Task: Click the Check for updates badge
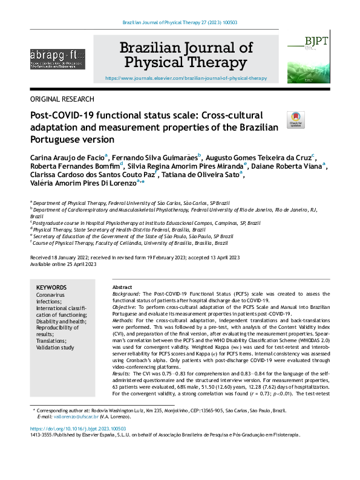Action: pos(313,120)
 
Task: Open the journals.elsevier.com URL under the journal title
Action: pos(186,79)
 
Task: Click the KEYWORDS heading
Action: pos(51,287)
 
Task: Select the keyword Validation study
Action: pos(55,348)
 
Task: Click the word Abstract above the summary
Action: pos(122,287)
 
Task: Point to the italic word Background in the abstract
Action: pos(126,293)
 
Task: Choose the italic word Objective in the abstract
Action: pos(125,307)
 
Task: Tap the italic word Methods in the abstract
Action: pos(123,321)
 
